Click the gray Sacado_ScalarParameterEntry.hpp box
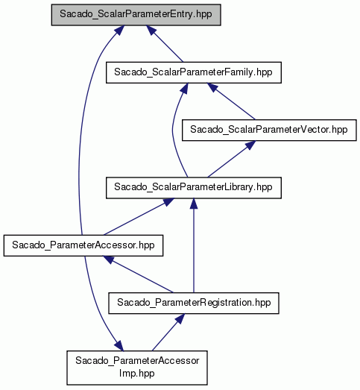[x=136, y=15]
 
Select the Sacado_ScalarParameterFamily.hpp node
[x=194, y=72]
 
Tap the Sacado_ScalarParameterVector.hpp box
[x=269, y=130]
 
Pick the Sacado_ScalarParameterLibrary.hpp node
[x=194, y=188]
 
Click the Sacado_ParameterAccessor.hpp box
[x=83, y=245]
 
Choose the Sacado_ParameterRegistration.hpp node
[x=194, y=303]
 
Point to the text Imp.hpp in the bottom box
[x=136, y=374]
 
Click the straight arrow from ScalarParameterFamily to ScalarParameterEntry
[x=165, y=43]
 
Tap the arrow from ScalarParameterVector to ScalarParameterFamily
[x=231, y=101]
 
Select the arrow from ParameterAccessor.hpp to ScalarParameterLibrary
[x=139, y=217]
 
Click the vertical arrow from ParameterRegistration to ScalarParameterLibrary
[x=194, y=245]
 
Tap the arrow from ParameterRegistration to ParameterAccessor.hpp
[x=138, y=274]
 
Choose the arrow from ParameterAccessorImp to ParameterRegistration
[x=168, y=333]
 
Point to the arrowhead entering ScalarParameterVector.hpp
[x=250, y=145]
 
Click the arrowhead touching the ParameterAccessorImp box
[x=119, y=346]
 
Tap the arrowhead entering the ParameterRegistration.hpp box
[x=180, y=318]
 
